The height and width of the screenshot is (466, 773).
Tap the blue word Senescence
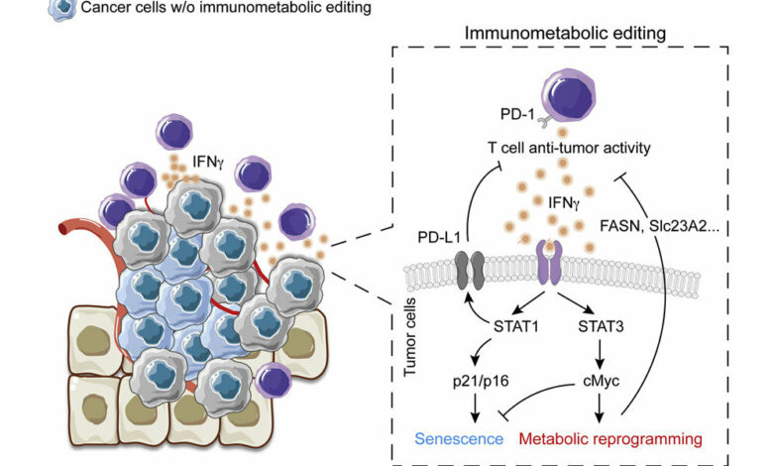pyautogui.click(x=462, y=437)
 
